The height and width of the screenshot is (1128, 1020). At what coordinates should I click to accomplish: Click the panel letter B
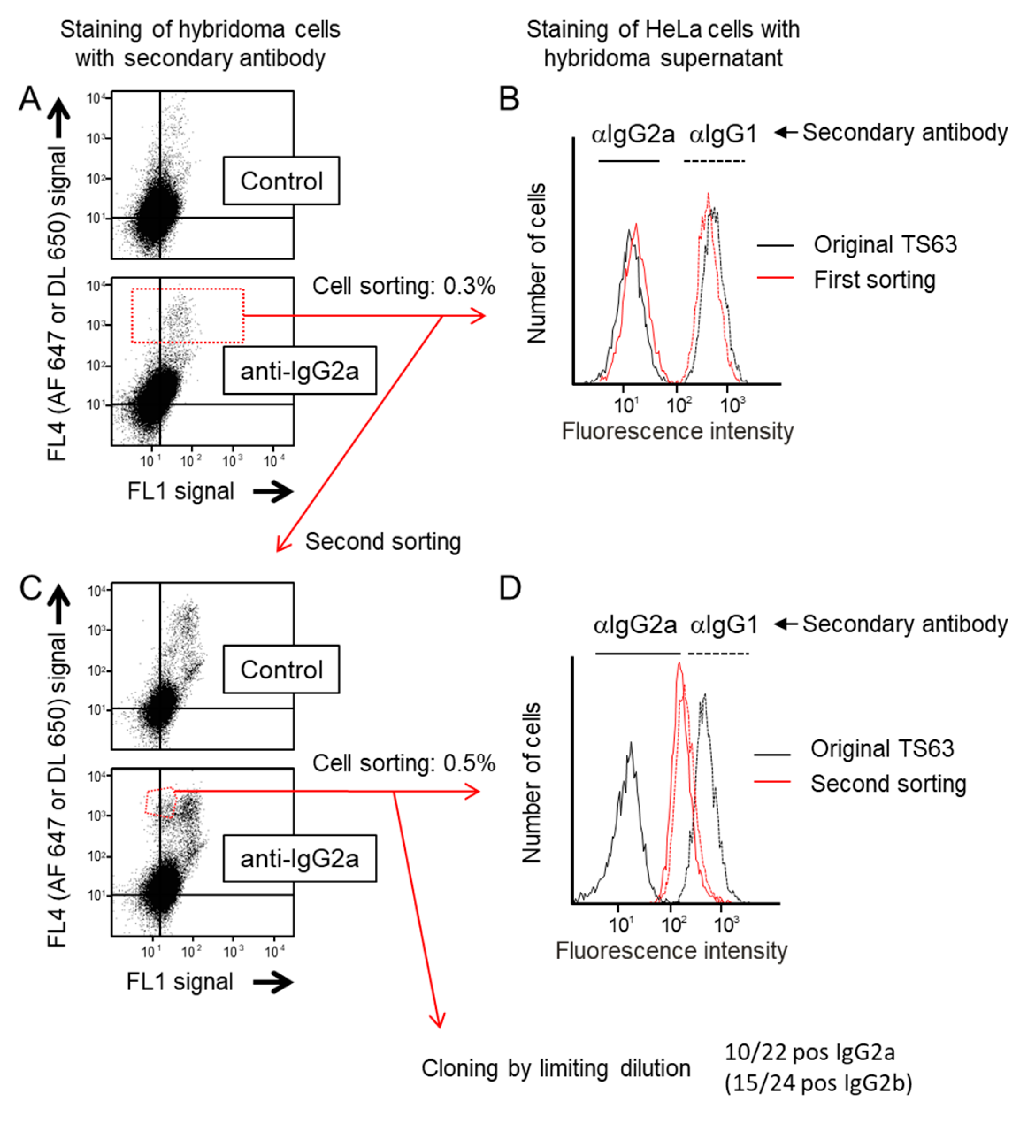(509, 99)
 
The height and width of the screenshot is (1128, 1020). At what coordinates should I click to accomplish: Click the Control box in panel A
(281, 181)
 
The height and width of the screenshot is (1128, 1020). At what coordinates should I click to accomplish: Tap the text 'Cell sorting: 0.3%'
(403, 286)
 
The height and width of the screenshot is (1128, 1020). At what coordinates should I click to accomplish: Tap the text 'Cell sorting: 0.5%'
(403, 763)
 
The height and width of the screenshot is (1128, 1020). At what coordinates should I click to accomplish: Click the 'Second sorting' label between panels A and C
(383, 542)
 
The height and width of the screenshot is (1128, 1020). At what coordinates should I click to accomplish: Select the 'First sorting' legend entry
(874, 279)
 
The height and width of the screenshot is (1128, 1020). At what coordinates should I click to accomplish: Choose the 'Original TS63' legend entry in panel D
(882, 749)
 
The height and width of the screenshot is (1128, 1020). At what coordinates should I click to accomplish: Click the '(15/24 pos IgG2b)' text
(817, 1083)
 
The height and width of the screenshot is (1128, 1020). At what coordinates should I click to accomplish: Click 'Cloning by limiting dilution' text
(556, 1068)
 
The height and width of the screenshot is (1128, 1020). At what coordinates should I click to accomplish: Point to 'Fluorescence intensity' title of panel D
(671, 951)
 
